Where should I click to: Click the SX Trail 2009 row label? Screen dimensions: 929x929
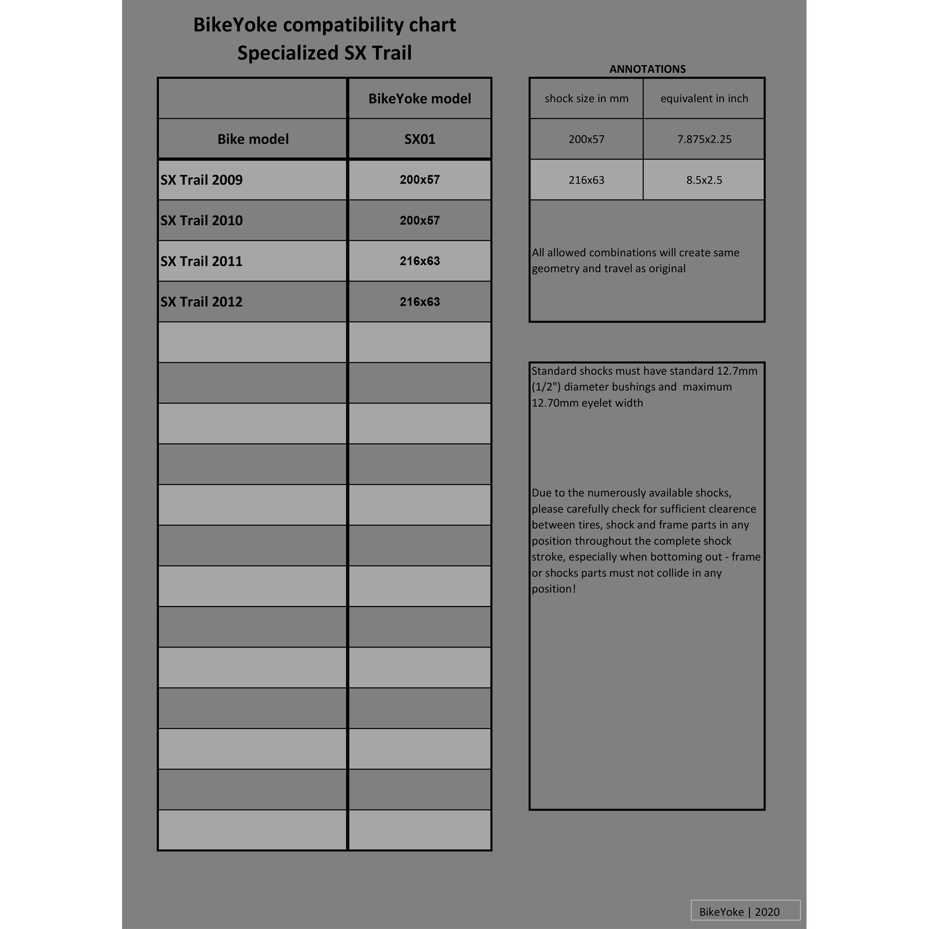201,180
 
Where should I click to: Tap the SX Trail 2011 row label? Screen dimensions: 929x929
201,261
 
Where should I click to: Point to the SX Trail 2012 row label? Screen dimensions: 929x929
201,302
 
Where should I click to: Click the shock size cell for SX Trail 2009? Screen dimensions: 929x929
419,180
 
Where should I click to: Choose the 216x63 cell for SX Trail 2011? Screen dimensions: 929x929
419,261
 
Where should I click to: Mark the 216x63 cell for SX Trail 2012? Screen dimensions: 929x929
419,302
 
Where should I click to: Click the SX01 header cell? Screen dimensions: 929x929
419,139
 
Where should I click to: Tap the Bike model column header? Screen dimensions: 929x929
253,139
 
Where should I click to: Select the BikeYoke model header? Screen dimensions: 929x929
419,98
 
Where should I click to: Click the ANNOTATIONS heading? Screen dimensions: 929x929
647,69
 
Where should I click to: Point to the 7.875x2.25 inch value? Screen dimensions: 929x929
704,139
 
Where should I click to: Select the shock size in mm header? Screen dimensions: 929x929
586,98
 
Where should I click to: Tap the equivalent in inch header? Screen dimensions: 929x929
704,98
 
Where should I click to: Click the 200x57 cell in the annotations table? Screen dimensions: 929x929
586,139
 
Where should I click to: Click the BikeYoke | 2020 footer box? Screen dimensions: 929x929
745,912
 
